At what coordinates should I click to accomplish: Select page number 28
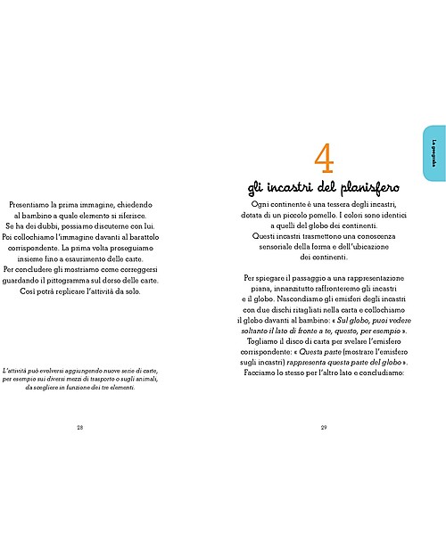point(79,429)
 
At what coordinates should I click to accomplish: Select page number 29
point(323,429)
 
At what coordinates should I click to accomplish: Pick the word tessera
point(317,204)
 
